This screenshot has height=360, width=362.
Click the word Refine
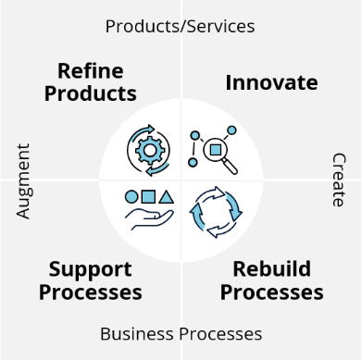click(91, 71)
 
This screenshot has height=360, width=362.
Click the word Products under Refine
click(91, 93)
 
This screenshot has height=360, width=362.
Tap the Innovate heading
click(271, 82)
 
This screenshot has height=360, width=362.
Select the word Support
click(91, 270)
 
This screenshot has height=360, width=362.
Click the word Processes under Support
click(95, 292)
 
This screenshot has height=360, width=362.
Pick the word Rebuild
click(272, 270)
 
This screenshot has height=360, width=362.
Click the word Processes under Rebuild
click(272, 292)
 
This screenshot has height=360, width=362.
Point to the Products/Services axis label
click(180, 26)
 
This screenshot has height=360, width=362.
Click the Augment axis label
click(24, 180)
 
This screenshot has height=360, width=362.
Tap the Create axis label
click(338, 180)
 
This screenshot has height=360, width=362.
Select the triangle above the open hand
click(166, 196)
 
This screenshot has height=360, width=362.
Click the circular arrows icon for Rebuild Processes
click(215, 211)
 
